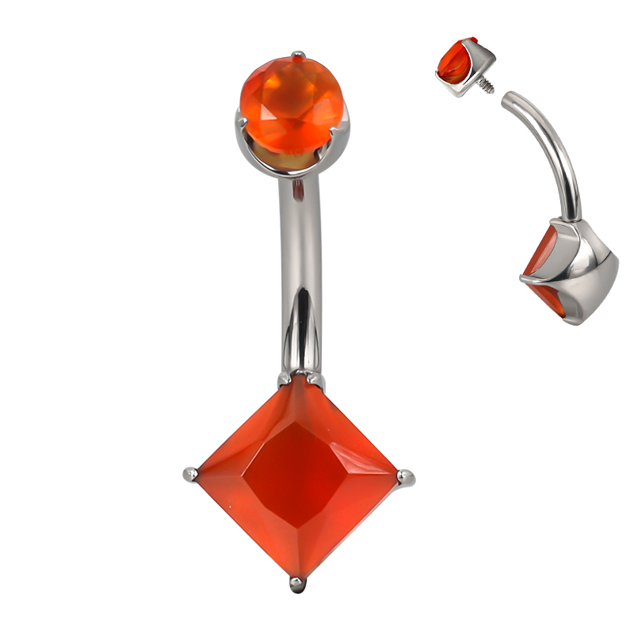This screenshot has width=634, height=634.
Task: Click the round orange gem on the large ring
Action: (293, 103)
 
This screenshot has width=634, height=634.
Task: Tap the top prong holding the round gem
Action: (297, 55)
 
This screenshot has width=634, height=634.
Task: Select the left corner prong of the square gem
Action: (190, 474)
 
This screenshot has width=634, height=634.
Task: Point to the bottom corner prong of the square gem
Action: (297, 585)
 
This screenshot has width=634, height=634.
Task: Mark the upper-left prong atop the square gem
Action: (284, 380)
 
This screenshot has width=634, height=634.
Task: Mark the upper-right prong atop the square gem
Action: (315, 380)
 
